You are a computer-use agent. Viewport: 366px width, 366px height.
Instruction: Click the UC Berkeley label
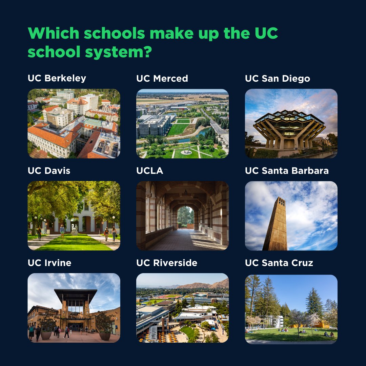[57, 78]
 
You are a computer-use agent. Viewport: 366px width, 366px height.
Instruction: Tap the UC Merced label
[162, 78]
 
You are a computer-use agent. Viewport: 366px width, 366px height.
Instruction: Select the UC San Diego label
[277, 78]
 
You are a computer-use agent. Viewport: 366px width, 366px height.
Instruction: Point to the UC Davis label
[49, 170]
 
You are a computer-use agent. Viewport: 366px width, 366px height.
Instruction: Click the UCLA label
[150, 170]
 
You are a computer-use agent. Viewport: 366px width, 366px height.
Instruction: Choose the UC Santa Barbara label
[287, 170]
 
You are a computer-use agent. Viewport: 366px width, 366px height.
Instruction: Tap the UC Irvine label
[49, 263]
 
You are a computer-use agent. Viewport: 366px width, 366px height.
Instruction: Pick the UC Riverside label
[167, 263]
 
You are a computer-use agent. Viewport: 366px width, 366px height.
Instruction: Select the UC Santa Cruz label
[279, 263]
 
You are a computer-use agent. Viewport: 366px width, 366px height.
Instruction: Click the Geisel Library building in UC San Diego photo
[289, 127]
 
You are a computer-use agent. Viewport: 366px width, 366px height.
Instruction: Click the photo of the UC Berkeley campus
[74, 123]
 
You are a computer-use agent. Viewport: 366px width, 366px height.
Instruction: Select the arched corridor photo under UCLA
[182, 216]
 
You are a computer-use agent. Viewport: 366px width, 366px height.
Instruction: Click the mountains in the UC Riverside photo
[203, 285]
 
